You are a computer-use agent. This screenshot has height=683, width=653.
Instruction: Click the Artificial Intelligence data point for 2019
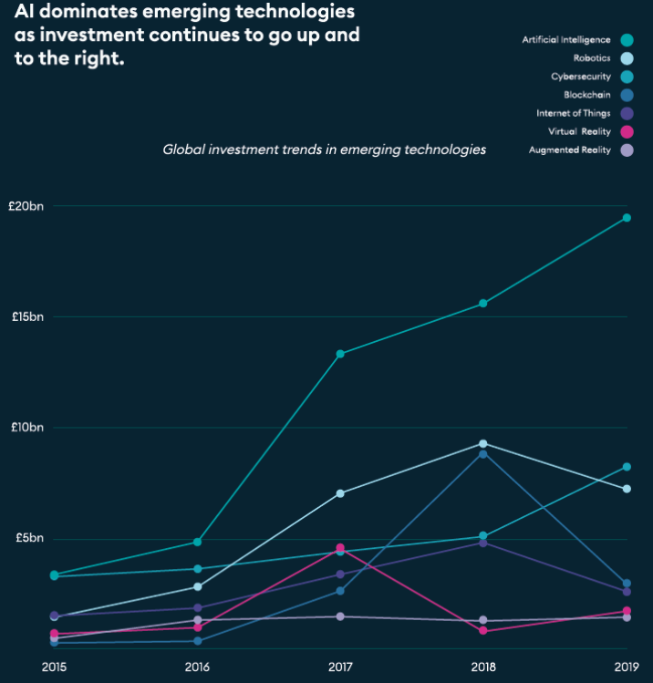(x=627, y=218)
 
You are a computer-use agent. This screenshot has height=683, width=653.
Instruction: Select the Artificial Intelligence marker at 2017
(x=340, y=354)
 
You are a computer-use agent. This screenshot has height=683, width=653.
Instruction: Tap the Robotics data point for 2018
(x=483, y=444)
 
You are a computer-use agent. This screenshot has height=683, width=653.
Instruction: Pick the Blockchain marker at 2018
(x=483, y=454)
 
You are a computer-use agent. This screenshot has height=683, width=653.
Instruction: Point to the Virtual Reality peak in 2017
(x=340, y=548)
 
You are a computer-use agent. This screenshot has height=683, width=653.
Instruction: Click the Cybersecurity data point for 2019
(x=627, y=467)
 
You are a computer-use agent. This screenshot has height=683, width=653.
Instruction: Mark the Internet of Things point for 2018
(x=483, y=543)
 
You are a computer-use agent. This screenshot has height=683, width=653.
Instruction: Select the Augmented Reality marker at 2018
(x=483, y=620)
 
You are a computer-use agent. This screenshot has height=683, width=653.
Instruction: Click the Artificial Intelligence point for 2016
(x=198, y=542)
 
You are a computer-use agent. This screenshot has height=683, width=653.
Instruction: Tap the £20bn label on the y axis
(x=27, y=206)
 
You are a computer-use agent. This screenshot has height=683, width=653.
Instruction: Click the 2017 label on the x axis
(x=340, y=667)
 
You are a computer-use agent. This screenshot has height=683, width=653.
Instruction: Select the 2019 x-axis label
(x=627, y=667)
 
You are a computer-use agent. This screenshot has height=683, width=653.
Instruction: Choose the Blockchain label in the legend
(x=587, y=95)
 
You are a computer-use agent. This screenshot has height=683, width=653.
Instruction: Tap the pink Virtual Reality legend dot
(x=627, y=131)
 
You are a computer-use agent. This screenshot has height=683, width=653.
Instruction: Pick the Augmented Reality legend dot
(x=627, y=150)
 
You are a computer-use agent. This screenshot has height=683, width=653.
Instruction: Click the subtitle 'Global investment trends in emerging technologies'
(x=324, y=149)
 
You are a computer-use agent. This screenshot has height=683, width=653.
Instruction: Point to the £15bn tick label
(x=27, y=316)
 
